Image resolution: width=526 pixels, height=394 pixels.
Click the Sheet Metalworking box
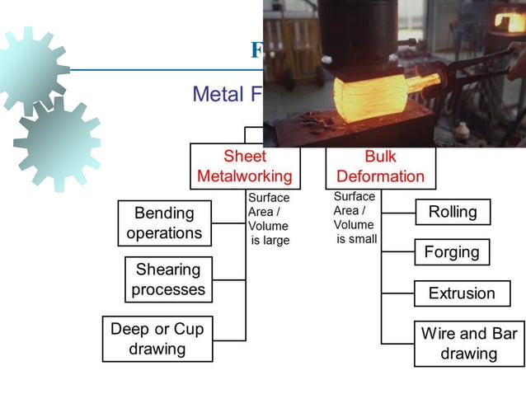(x=245, y=167)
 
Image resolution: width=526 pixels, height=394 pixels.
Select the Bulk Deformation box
(x=380, y=167)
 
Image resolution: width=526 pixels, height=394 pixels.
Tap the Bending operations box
(x=164, y=223)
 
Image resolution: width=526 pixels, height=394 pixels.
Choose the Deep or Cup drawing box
(x=157, y=339)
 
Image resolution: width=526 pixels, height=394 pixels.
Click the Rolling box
(x=452, y=212)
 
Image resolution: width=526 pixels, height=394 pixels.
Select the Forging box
(x=451, y=252)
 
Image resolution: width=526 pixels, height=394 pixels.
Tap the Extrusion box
(x=461, y=293)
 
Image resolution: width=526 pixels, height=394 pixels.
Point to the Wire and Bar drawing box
(x=468, y=344)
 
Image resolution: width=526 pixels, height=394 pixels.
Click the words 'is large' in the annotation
(x=270, y=241)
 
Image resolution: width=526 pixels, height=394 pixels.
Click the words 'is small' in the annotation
(x=356, y=239)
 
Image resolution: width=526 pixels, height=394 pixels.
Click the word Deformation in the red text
(x=380, y=176)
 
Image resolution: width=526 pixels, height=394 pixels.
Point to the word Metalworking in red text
(x=245, y=176)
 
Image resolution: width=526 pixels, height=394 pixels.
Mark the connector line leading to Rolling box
(x=397, y=212)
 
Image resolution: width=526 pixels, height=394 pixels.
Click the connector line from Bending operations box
(x=228, y=223)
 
